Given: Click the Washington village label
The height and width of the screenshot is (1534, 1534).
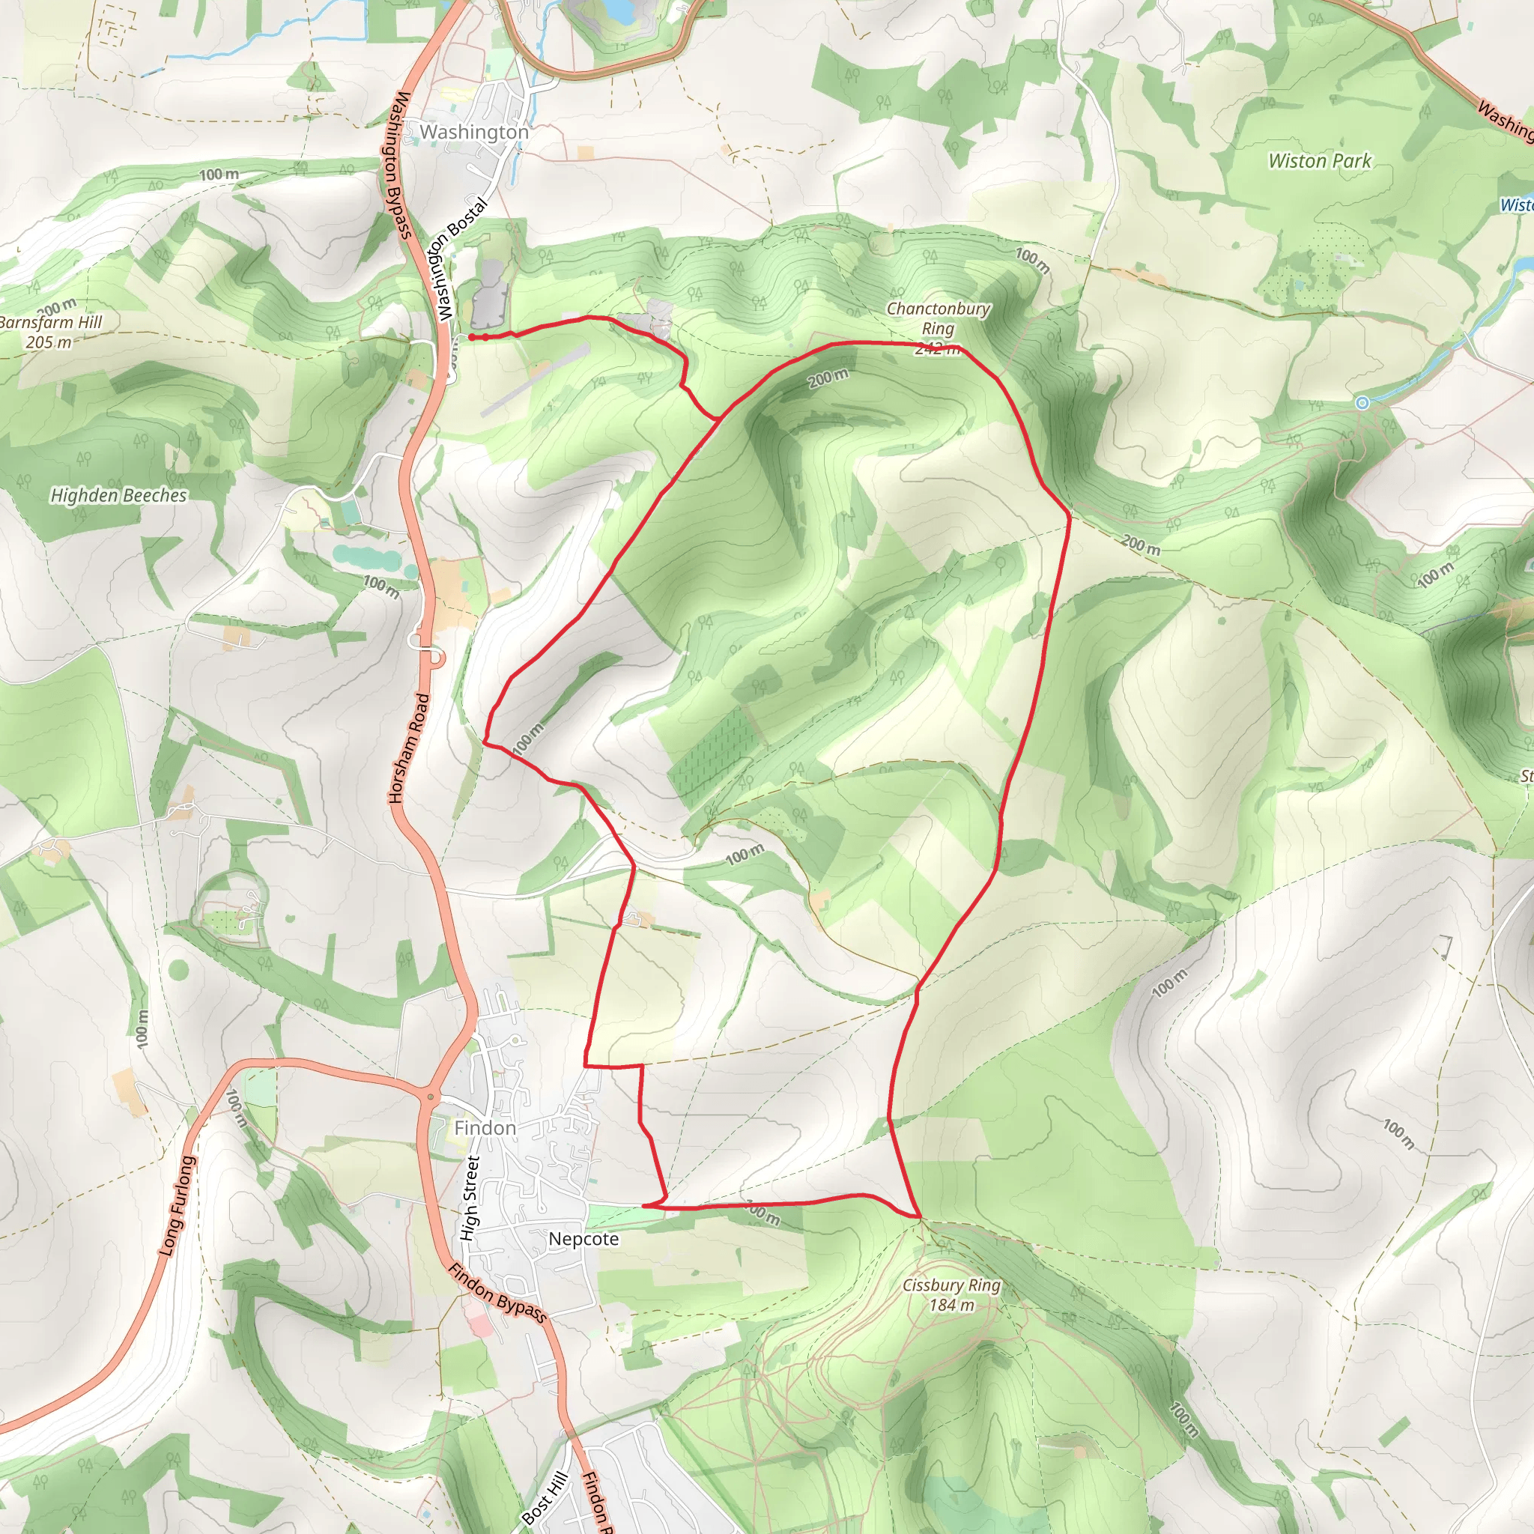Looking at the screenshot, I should coord(474,132).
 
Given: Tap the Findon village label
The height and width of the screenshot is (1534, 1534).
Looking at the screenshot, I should coord(485,1128).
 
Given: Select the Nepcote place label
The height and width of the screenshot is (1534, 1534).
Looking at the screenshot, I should coord(583,1239).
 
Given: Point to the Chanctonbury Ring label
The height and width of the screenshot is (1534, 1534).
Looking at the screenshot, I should coord(938,318).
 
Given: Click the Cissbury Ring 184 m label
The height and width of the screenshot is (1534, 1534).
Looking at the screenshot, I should coord(951,1295).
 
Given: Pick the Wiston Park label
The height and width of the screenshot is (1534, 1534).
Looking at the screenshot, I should coord(1320,161).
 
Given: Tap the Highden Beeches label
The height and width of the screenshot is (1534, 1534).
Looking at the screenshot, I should coord(119,495).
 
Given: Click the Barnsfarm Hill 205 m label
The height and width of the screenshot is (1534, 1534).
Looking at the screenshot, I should coord(49,332).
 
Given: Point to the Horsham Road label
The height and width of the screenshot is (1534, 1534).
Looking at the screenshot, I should coord(409,748).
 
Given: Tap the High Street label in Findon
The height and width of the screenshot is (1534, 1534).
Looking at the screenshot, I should coord(470,1199).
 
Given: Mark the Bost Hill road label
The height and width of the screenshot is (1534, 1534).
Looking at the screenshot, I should coord(546,1497).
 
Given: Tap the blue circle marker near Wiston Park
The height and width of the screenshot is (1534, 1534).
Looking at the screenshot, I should coord(1362,402).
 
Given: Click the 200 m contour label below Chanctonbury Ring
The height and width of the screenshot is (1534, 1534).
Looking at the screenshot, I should coord(828,379).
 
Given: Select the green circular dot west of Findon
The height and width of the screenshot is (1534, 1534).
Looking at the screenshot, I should coord(179,969).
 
